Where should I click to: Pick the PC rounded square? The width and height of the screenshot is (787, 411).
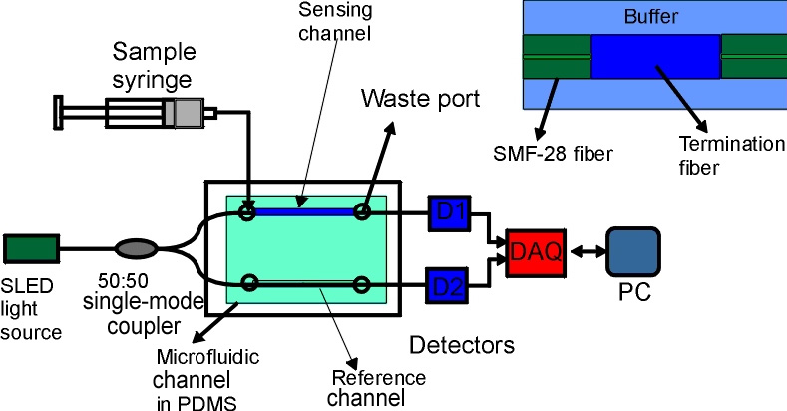[x=632, y=254]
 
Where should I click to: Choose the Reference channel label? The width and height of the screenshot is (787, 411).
[x=377, y=388]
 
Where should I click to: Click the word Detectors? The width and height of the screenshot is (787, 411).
[x=463, y=346]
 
